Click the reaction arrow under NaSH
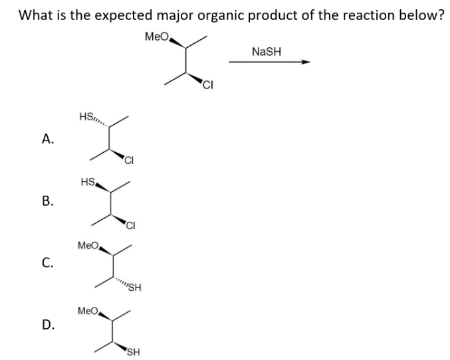(269, 62)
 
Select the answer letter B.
(47, 201)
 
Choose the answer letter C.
(47, 263)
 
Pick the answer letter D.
(47, 325)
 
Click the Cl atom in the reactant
(209, 84)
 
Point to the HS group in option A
(86, 117)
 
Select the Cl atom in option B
(130, 224)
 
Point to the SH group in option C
(134, 288)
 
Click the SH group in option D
(133, 352)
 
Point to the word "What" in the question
(37, 15)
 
